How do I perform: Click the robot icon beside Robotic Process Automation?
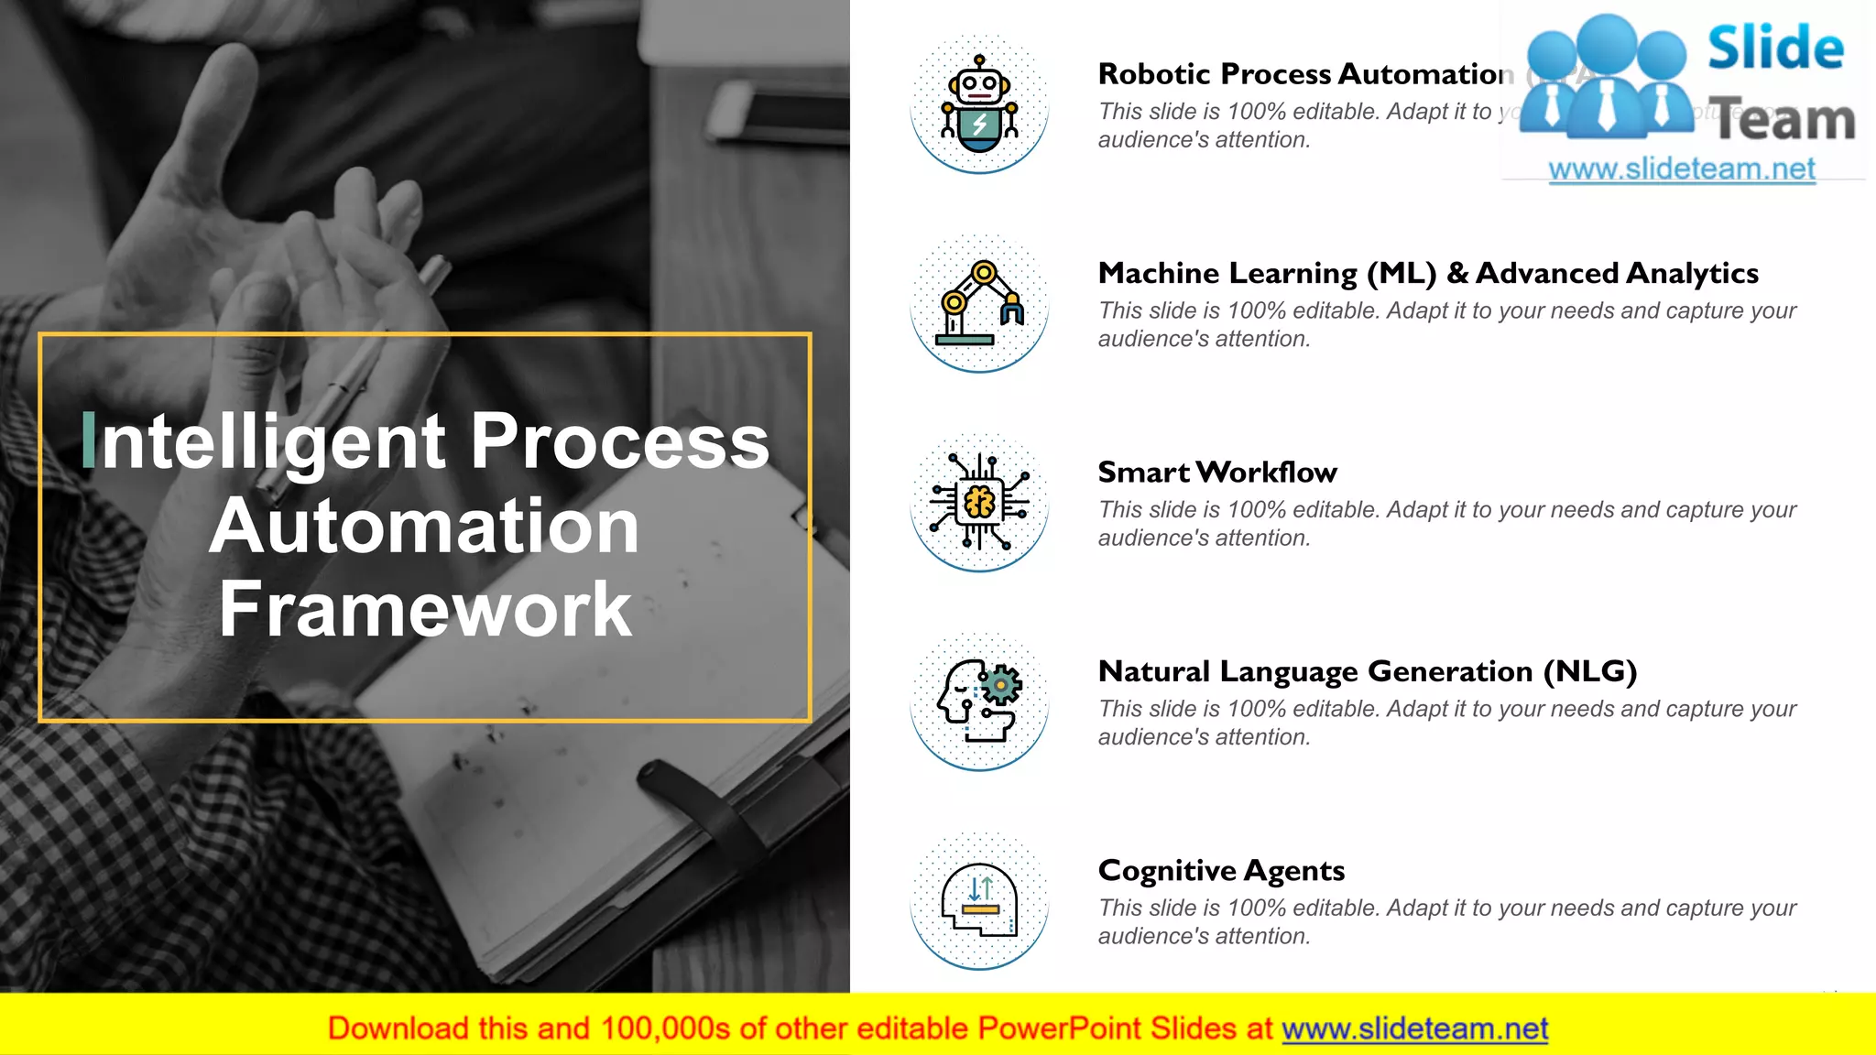pos(979,103)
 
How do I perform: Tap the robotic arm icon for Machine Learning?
pos(979,303)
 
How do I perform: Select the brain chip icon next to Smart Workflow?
pos(979,502)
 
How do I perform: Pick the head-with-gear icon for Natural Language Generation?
pos(979,702)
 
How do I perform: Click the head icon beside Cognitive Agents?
pos(979,900)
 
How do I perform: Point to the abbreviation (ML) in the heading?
pos(1402,273)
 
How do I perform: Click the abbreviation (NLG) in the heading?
pos(1590,671)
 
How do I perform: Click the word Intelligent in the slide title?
pos(266,441)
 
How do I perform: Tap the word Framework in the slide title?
pos(425,609)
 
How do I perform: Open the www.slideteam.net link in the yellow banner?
pos(1414,1028)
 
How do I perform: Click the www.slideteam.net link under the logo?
pos(1682,169)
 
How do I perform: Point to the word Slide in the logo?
pos(1775,48)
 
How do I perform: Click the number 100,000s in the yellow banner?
pos(666,1028)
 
